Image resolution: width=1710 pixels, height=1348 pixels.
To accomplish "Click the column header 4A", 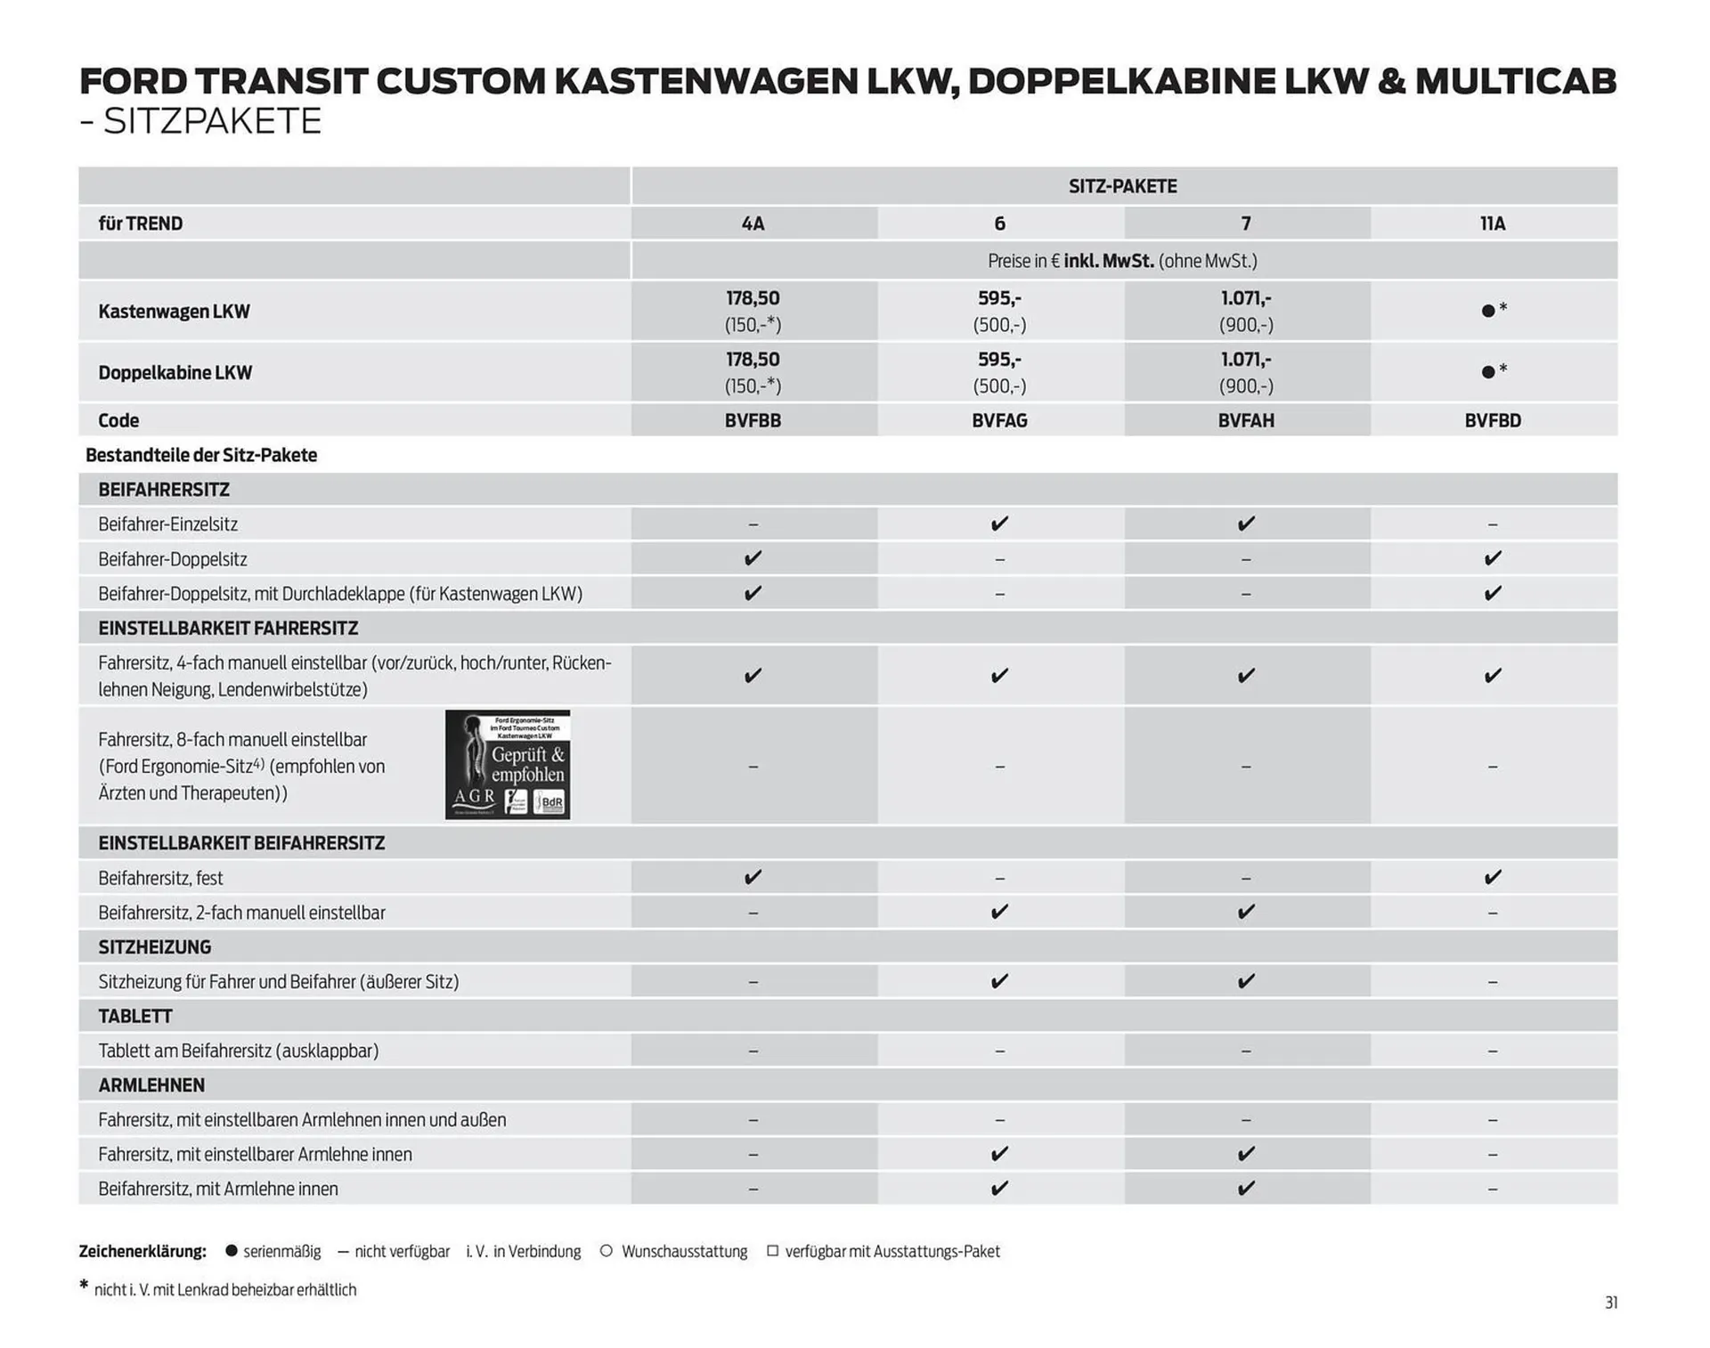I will click(753, 223).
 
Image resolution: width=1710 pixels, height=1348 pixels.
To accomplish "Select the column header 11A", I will click(1493, 223).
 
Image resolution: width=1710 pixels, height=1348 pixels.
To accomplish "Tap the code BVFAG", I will click(999, 420).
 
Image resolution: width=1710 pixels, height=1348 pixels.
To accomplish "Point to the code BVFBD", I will click(1493, 420).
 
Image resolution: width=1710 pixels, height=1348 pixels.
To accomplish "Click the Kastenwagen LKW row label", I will click(174, 312).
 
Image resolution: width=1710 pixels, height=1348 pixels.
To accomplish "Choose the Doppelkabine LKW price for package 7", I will click(1246, 372).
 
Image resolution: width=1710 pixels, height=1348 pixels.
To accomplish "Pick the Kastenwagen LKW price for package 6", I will click(999, 311).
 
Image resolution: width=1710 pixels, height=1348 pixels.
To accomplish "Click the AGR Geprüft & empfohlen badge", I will click(508, 765).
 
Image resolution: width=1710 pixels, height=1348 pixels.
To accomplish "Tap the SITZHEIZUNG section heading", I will click(155, 946).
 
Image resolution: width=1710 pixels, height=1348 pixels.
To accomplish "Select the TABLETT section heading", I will click(135, 1016).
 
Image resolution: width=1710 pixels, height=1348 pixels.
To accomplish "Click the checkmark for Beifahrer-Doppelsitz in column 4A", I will click(753, 558).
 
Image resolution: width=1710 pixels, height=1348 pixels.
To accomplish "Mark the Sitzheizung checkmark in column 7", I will click(1246, 981).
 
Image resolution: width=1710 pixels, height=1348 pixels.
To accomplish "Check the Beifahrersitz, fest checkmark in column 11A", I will click(1493, 877).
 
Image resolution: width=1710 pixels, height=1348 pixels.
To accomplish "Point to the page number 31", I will click(1611, 1303).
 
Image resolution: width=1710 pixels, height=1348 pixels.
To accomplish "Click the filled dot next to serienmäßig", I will click(232, 1251).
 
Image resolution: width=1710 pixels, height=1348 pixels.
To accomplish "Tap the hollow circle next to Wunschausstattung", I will click(607, 1251).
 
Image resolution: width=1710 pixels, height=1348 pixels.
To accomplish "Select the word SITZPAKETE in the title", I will click(212, 121).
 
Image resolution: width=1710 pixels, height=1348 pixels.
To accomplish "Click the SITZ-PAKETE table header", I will click(1122, 186).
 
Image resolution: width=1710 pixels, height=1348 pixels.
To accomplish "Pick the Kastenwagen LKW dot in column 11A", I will click(1488, 311).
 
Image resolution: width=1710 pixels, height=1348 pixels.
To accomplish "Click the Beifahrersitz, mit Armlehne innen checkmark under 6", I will click(999, 1189).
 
